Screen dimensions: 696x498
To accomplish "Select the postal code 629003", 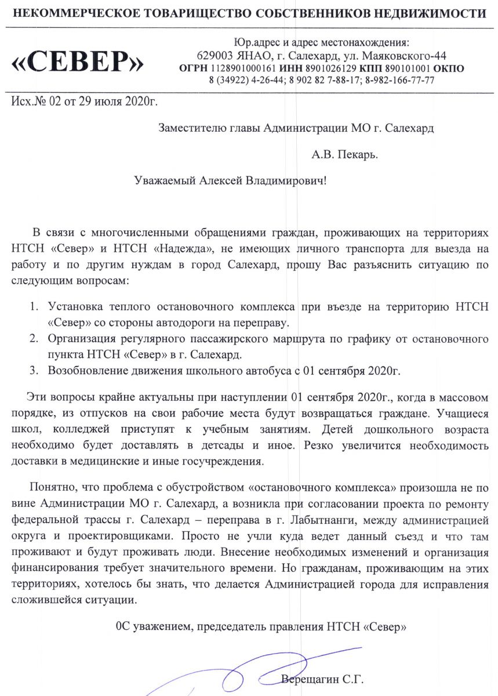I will [215, 56].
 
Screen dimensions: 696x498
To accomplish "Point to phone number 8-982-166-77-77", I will [399, 81].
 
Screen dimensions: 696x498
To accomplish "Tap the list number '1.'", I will [35, 306].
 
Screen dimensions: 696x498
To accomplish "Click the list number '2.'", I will [35, 338].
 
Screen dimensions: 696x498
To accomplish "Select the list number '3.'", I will [35, 369].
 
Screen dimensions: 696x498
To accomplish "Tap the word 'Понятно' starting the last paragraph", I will [51, 486].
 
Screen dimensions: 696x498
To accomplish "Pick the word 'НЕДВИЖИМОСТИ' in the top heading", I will [439, 13].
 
